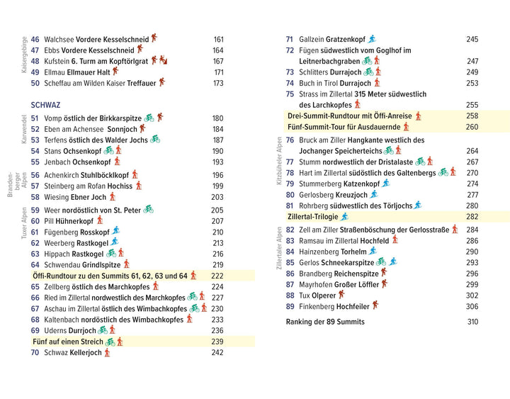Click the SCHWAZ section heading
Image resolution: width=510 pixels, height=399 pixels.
46,103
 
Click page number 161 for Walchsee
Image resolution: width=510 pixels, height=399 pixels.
218,40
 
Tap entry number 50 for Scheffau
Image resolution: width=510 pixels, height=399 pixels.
36,83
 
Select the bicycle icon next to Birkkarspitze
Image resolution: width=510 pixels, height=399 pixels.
149,118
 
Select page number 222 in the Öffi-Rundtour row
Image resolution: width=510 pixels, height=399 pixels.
217,276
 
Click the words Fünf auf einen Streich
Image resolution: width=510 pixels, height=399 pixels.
68,342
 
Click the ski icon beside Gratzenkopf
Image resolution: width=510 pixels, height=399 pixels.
372,39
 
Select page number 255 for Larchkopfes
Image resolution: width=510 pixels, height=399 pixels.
472,105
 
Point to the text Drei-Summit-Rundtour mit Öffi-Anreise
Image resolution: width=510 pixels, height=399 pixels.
350,116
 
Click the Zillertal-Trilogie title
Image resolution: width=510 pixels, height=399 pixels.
312,216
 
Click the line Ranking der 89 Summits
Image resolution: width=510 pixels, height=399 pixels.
325,322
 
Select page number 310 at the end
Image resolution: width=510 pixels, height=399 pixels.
472,322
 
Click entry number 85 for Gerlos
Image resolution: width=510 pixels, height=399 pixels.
290,262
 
